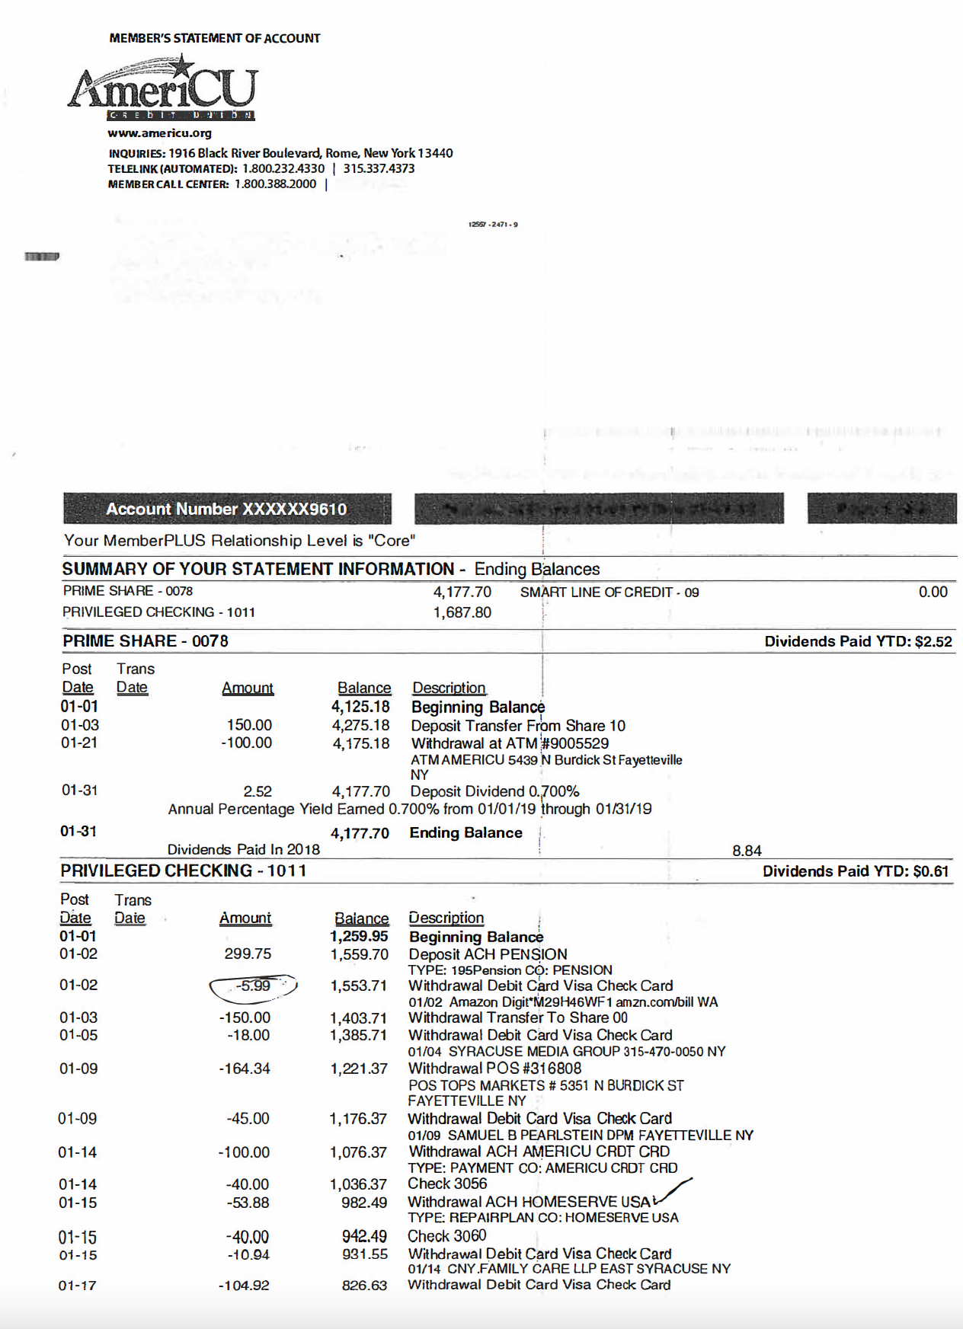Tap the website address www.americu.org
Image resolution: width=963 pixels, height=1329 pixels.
159,133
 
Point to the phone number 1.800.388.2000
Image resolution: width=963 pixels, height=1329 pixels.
275,184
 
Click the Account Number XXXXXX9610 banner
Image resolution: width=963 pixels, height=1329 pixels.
226,509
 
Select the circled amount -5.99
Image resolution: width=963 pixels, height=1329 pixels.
253,986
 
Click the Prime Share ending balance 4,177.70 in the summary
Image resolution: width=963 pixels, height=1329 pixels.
462,592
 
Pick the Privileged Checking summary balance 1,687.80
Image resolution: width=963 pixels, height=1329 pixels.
462,612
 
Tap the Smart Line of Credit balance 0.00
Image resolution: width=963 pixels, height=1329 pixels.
932,592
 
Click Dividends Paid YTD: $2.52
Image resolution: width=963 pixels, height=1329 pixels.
858,641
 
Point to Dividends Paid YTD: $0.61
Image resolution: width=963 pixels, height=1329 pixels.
856,871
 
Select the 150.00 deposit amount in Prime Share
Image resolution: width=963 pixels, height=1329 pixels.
249,725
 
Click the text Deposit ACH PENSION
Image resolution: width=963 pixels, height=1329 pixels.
488,954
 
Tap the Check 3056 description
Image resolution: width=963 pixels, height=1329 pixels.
447,1184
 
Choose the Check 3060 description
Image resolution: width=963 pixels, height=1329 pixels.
446,1236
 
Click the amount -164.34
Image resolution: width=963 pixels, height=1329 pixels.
245,1069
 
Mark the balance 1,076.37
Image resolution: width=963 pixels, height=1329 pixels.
358,1152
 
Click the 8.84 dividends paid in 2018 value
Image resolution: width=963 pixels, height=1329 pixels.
747,851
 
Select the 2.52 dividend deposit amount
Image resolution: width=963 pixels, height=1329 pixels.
258,791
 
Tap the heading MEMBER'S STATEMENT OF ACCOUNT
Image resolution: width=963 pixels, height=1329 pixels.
215,38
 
